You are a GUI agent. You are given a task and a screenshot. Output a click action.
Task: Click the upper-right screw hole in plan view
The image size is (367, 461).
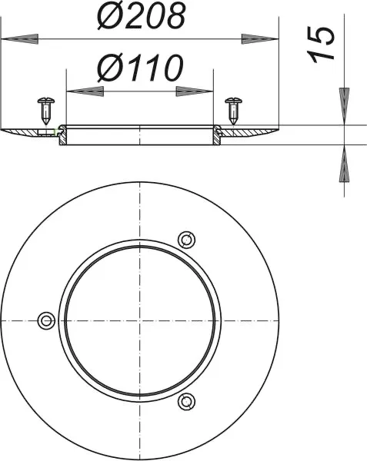tap(184, 237)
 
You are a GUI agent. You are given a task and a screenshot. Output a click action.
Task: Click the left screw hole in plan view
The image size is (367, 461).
tap(45, 319)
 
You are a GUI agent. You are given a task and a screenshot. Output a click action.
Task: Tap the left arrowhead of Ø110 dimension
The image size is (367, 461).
tap(85, 91)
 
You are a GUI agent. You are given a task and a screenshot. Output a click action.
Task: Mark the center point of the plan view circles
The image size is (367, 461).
tap(139, 319)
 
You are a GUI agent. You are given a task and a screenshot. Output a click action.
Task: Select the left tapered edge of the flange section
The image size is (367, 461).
tap(12, 132)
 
